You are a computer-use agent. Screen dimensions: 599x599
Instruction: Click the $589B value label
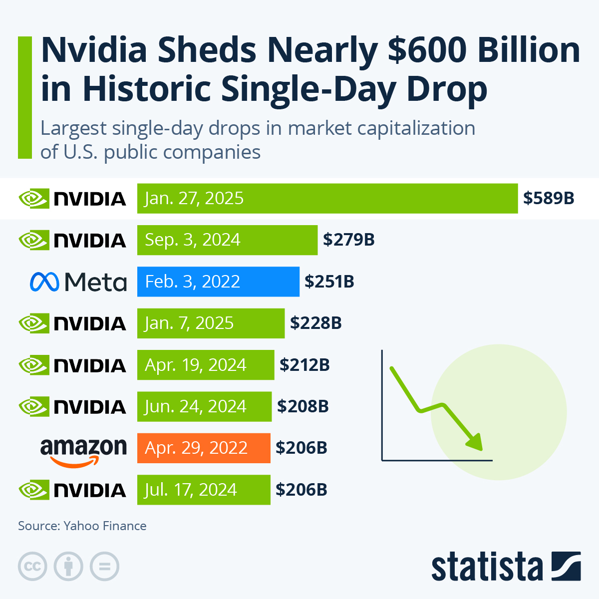click(549, 198)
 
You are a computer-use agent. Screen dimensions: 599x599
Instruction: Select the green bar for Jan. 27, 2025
click(327, 198)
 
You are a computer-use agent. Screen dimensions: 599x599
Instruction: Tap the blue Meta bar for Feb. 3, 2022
click(218, 282)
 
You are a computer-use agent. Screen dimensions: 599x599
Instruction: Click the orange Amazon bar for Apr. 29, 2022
click(204, 448)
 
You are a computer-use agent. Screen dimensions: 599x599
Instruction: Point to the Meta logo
click(78, 282)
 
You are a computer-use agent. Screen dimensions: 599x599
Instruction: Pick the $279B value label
click(348, 240)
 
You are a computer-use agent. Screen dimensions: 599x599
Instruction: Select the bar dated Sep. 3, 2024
click(227, 240)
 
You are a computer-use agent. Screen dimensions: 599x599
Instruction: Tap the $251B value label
click(329, 282)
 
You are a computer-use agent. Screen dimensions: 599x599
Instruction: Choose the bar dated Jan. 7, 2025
click(211, 323)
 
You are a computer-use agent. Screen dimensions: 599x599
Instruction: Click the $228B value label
click(316, 323)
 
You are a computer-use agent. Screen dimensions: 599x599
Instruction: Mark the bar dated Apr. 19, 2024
click(206, 365)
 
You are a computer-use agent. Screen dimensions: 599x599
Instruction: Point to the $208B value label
click(303, 406)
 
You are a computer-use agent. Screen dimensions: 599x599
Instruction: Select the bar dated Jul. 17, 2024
click(204, 490)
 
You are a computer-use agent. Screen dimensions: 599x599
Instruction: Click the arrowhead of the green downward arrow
click(475, 442)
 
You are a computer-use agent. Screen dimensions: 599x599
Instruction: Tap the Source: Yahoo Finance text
click(82, 526)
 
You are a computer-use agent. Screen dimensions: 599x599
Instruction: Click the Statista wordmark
click(487, 567)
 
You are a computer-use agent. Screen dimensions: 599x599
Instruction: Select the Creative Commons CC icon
click(32, 567)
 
